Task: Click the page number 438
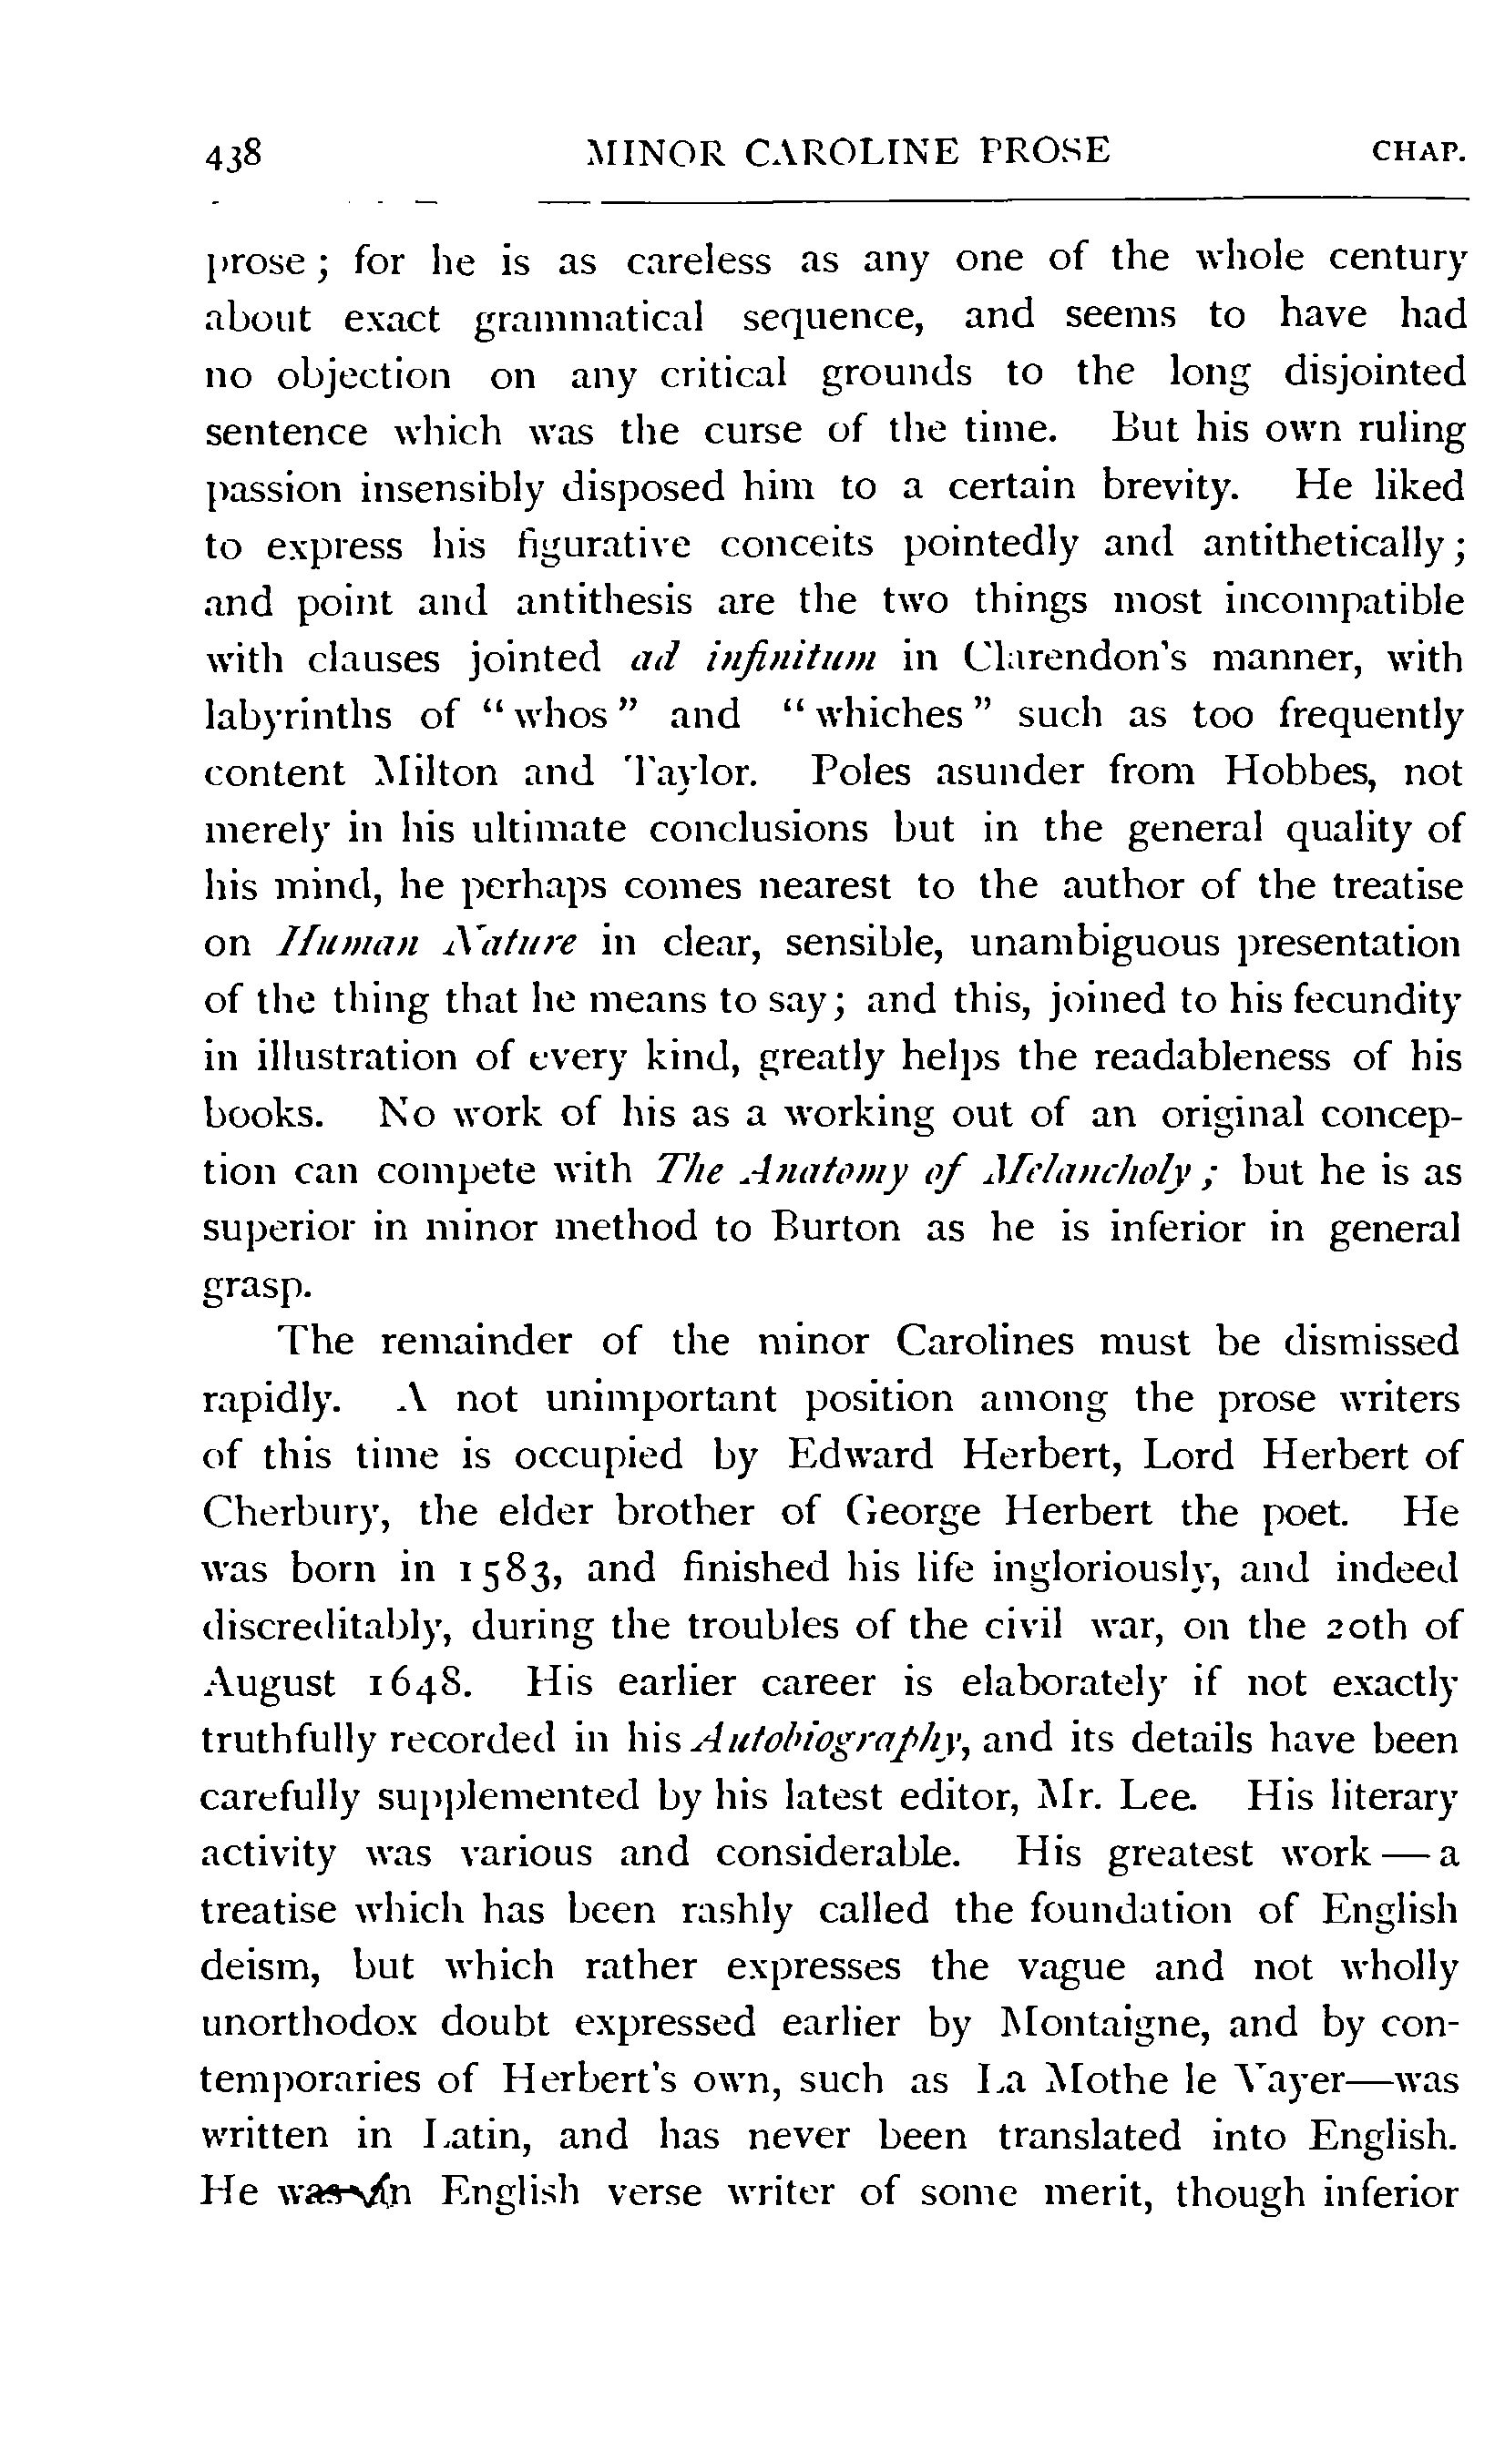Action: click(x=233, y=154)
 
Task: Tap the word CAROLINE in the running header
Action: click(x=851, y=151)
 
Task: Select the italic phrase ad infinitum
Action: click(x=753, y=659)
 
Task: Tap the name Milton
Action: click(x=421, y=773)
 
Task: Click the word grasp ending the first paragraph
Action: click(x=257, y=1290)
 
